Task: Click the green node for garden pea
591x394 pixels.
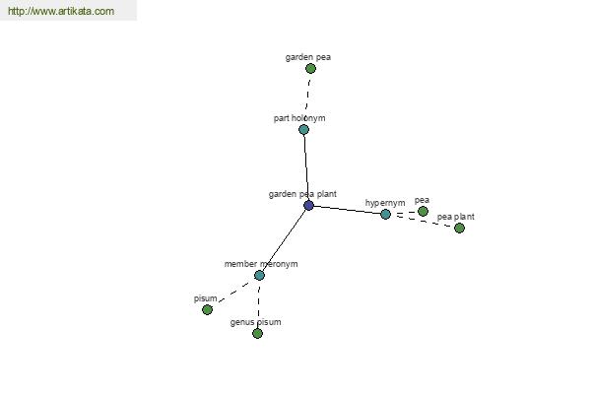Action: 310,68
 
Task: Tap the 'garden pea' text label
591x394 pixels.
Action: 308,57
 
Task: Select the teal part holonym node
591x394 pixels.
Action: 303,129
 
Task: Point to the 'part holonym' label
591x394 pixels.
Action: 299,118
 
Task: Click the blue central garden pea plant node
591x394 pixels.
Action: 308,206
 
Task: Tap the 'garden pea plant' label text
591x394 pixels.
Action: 302,194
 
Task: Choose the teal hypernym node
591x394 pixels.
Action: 385,214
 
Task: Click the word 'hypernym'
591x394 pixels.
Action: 385,203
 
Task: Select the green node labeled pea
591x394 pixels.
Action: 423,211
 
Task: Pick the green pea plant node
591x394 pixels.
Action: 459,228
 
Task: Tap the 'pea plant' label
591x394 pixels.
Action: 456,217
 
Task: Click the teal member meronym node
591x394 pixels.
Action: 259,275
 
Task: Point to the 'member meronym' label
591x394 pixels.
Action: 261,264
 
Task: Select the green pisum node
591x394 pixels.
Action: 207,309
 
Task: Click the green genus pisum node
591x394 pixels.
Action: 257,333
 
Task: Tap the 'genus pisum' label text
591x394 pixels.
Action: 255,322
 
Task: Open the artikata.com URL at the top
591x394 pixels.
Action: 61,11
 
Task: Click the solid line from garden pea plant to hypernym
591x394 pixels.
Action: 347,210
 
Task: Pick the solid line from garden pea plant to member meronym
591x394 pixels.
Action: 284,240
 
